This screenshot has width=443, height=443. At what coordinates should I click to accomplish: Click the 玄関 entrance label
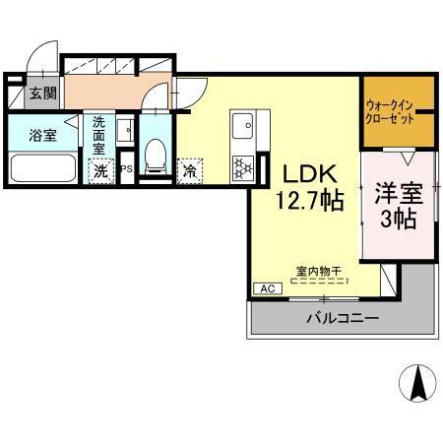click(x=41, y=94)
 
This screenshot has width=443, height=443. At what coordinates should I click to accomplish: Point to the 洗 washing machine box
click(x=101, y=169)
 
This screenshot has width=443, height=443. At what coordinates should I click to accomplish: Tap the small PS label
click(x=126, y=169)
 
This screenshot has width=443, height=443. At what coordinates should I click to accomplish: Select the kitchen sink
click(x=242, y=126)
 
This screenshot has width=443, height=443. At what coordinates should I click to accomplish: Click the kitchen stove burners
click(x=241, y=165)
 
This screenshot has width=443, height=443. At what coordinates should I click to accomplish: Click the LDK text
click(x=308, y=172)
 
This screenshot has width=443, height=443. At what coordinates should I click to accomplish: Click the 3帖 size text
click(x=399, y=219)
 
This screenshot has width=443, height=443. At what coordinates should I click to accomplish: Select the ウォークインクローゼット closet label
click(x=398, y=108)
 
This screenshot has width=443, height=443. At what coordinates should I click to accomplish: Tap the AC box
click(x=267, y=288)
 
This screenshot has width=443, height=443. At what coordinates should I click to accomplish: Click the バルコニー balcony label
click(x=341, y=318)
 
